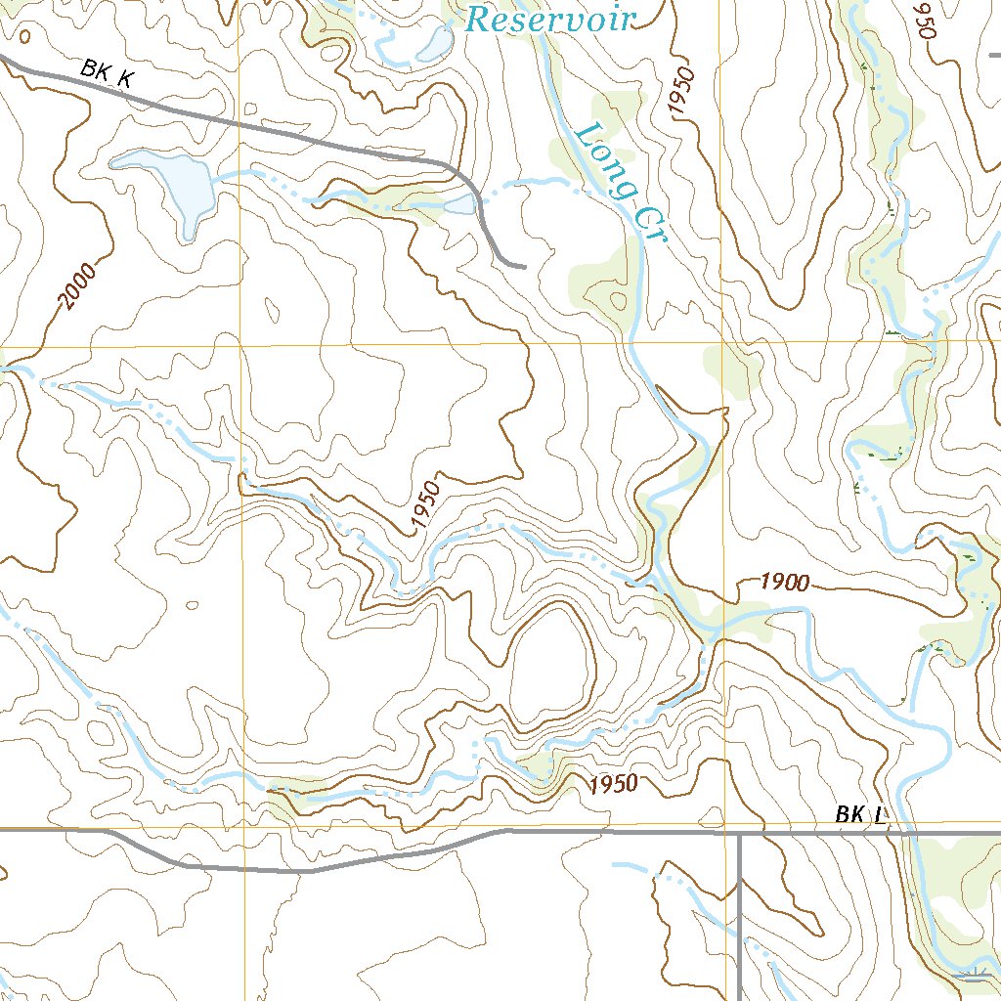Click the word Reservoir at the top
(x=550, y=18)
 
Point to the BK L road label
(x=860, y=814)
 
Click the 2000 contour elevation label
(x=78, y=286)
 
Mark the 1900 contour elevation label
(x=785, y=584)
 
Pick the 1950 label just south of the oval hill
(x=613, y=783)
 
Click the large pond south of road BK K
(x=176, y=186)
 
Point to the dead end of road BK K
(x=524, y=265)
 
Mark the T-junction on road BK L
(x=739, y=834)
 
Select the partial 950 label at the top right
(x=925, y=20)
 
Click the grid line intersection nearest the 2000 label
(x=240, y=345)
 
